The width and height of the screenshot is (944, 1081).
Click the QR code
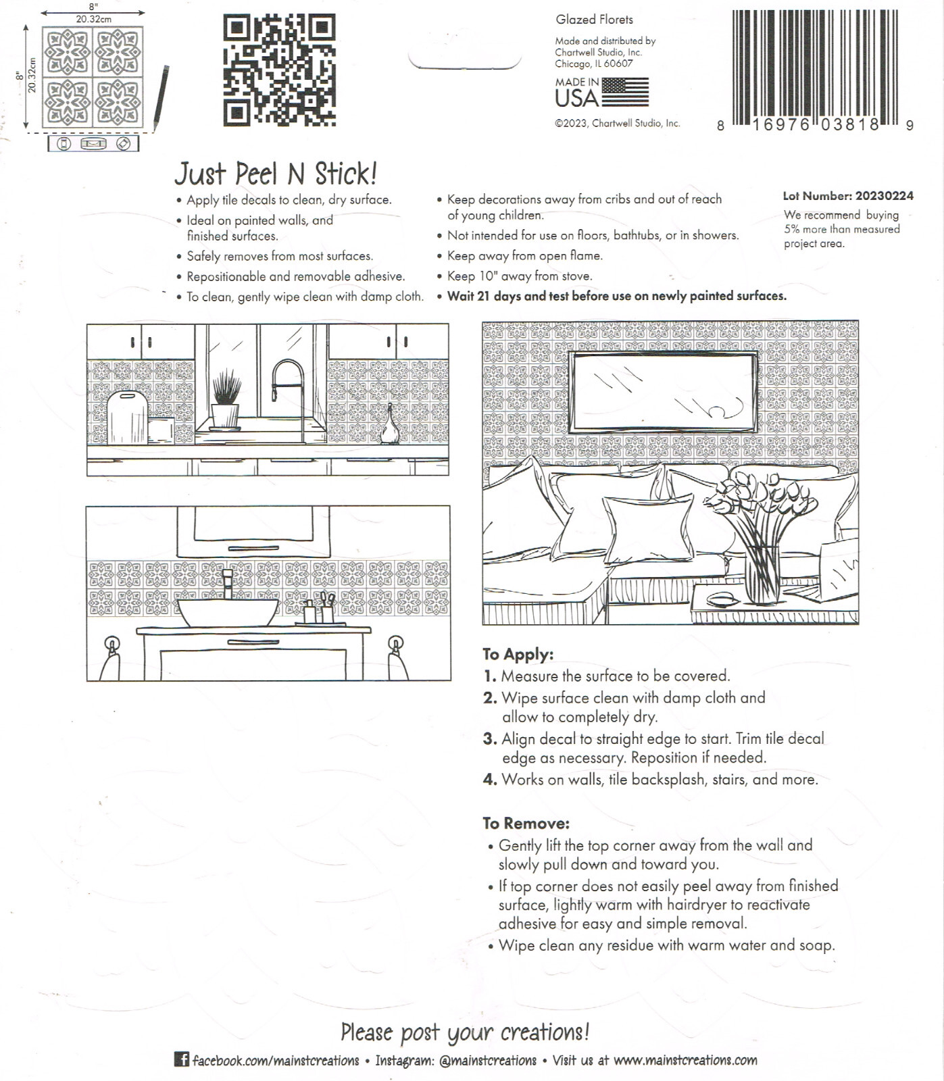pyautogui.click(x=279, y=70)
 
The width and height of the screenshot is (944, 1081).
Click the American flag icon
pyautogui.click(x=625, y=91)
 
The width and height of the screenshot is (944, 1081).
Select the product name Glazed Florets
pyautogui.click(x=595, y=20)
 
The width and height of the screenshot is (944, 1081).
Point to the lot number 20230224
pyautogui.click(x=884, y=196)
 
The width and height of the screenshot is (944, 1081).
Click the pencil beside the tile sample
pyautogui.click(x=161, y=98)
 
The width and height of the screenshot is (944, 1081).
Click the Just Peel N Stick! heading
pyautogui.click(x=276, y=174)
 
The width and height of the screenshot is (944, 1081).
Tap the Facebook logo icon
pyautogui.click(x=181, y=1059)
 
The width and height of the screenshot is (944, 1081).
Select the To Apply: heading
pyautogui.click(x=518, y=654)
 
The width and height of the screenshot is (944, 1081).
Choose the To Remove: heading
pyautogui.click(x=526, y=823)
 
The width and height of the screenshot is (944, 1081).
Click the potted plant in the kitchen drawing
pyautogui.click(x=226, y=402)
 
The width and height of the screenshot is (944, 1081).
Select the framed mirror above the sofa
pyautogui.click(x=664, y=392)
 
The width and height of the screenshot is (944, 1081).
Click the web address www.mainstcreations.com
pyautogui.click(x=685, y=1059)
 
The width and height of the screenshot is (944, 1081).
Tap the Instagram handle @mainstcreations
pyautogui.click(x=487, y=1060)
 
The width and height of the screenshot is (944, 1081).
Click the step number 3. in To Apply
pyautogui.click(x=490, y=739)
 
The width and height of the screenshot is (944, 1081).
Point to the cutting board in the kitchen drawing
pyautogui.click(x=127, y=418)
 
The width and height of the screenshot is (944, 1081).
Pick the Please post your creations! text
pyautogui.click(x=465, y=1032)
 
